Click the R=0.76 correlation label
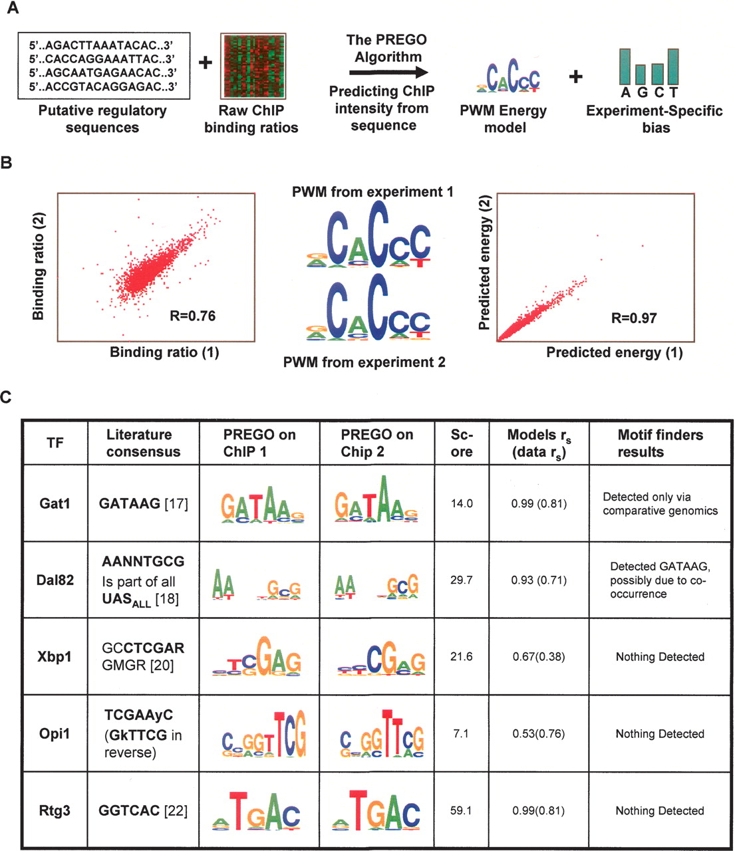click(192, 316)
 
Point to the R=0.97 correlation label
click(633, 318)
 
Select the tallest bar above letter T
click(672, 66)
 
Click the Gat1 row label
click(55, 503)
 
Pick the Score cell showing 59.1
click(461, 810)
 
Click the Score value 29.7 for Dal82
click(461, 580)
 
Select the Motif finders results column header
click(659, 443)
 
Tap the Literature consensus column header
click(143, 443)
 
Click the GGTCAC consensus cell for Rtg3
click(143, 810)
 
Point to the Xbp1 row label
click(55, 657)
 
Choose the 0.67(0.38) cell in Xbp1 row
click(539, 657)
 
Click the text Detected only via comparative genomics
click(660, 504)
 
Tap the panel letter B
click(7, 162)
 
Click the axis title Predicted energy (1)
click(614, 352)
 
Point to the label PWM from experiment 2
click(364, 362)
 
